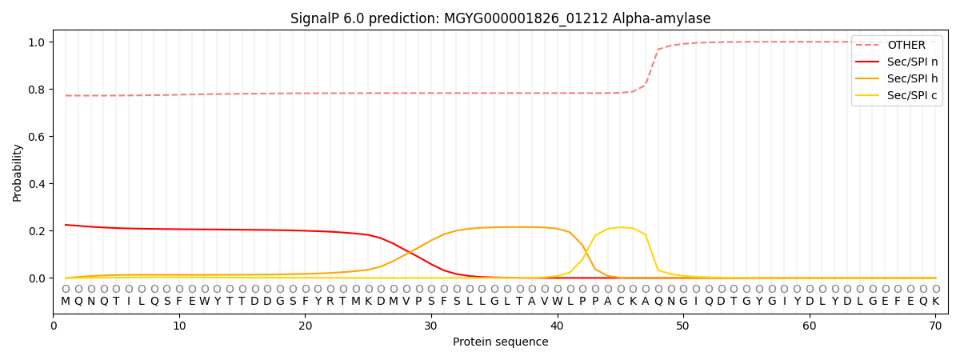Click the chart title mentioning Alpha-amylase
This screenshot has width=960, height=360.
(x=500, y=18)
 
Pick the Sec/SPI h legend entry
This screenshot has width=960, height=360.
(x=912, y=78)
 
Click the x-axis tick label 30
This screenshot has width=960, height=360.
(x=431, y=326)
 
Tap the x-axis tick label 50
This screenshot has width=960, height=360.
(x=683, y=326)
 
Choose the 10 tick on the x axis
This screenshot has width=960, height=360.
(x=179, y=326)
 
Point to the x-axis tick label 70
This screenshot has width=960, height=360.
(x=935, y=326)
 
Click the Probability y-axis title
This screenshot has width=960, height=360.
(x=17, y=173)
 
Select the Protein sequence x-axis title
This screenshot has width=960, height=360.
(x=500, y=342)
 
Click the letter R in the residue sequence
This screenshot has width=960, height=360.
(x=330, y=302)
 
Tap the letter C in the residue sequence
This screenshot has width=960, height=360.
(x=620, y=302)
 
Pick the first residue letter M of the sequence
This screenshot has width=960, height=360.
(x=66, y=302)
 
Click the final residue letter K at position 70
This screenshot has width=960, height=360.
(x=935, y=302)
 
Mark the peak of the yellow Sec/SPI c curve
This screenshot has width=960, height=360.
(x=620, y=227)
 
